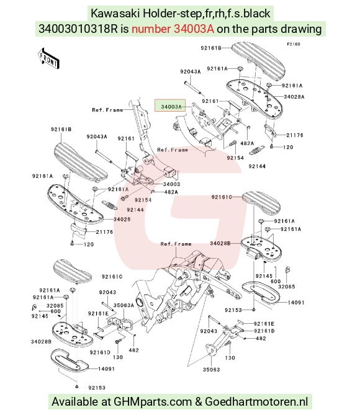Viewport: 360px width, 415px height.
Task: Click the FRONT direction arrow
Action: [x=48, y=59]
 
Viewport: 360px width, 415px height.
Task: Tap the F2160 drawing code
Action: [x=294, y=44]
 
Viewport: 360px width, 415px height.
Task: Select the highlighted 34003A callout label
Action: [x=171, y=107]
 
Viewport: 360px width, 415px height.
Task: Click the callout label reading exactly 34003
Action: [x=172, y=184]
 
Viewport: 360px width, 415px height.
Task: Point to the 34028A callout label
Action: [x=294, y=97]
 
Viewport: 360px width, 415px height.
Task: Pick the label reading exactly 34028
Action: [x=122, y=219]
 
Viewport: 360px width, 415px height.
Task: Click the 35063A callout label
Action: [x=124, y=305]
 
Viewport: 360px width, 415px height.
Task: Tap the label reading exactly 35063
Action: [x=212, y=370]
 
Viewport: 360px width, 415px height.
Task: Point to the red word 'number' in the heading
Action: [x=151, y=29]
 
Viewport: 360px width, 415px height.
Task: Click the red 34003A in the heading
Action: [x=194, y=29]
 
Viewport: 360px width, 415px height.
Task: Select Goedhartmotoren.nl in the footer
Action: [x=256, y=401]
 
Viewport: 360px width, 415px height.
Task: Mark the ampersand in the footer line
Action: [x=198, y=401]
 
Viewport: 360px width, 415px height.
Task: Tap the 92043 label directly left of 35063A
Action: [x=107, y=292]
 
